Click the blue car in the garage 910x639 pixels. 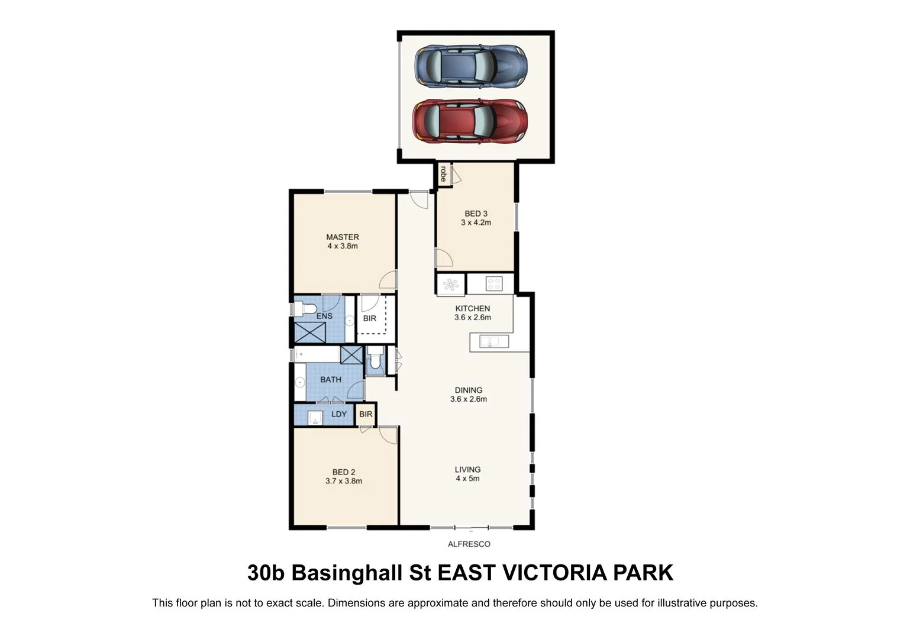point(470,65)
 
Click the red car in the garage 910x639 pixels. point(470,121)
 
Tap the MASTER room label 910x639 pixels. point(343,237)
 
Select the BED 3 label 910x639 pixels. point(476,214)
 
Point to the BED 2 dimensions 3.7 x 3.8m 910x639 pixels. point(344,481)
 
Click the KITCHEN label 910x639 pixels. point(472,308)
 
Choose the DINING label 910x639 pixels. point(468,390)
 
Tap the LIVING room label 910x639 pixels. point(467,469)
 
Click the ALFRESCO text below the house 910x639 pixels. point(469,544)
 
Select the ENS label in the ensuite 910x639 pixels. point(324,316)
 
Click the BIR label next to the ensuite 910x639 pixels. point(370,318)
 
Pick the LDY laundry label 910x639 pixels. point(339,414)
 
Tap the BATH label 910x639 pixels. point(331,379)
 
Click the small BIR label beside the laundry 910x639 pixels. point(366,414)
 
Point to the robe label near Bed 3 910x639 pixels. point(443,173)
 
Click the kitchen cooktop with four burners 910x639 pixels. point(493,283)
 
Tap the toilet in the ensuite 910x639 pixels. point(305,309)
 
